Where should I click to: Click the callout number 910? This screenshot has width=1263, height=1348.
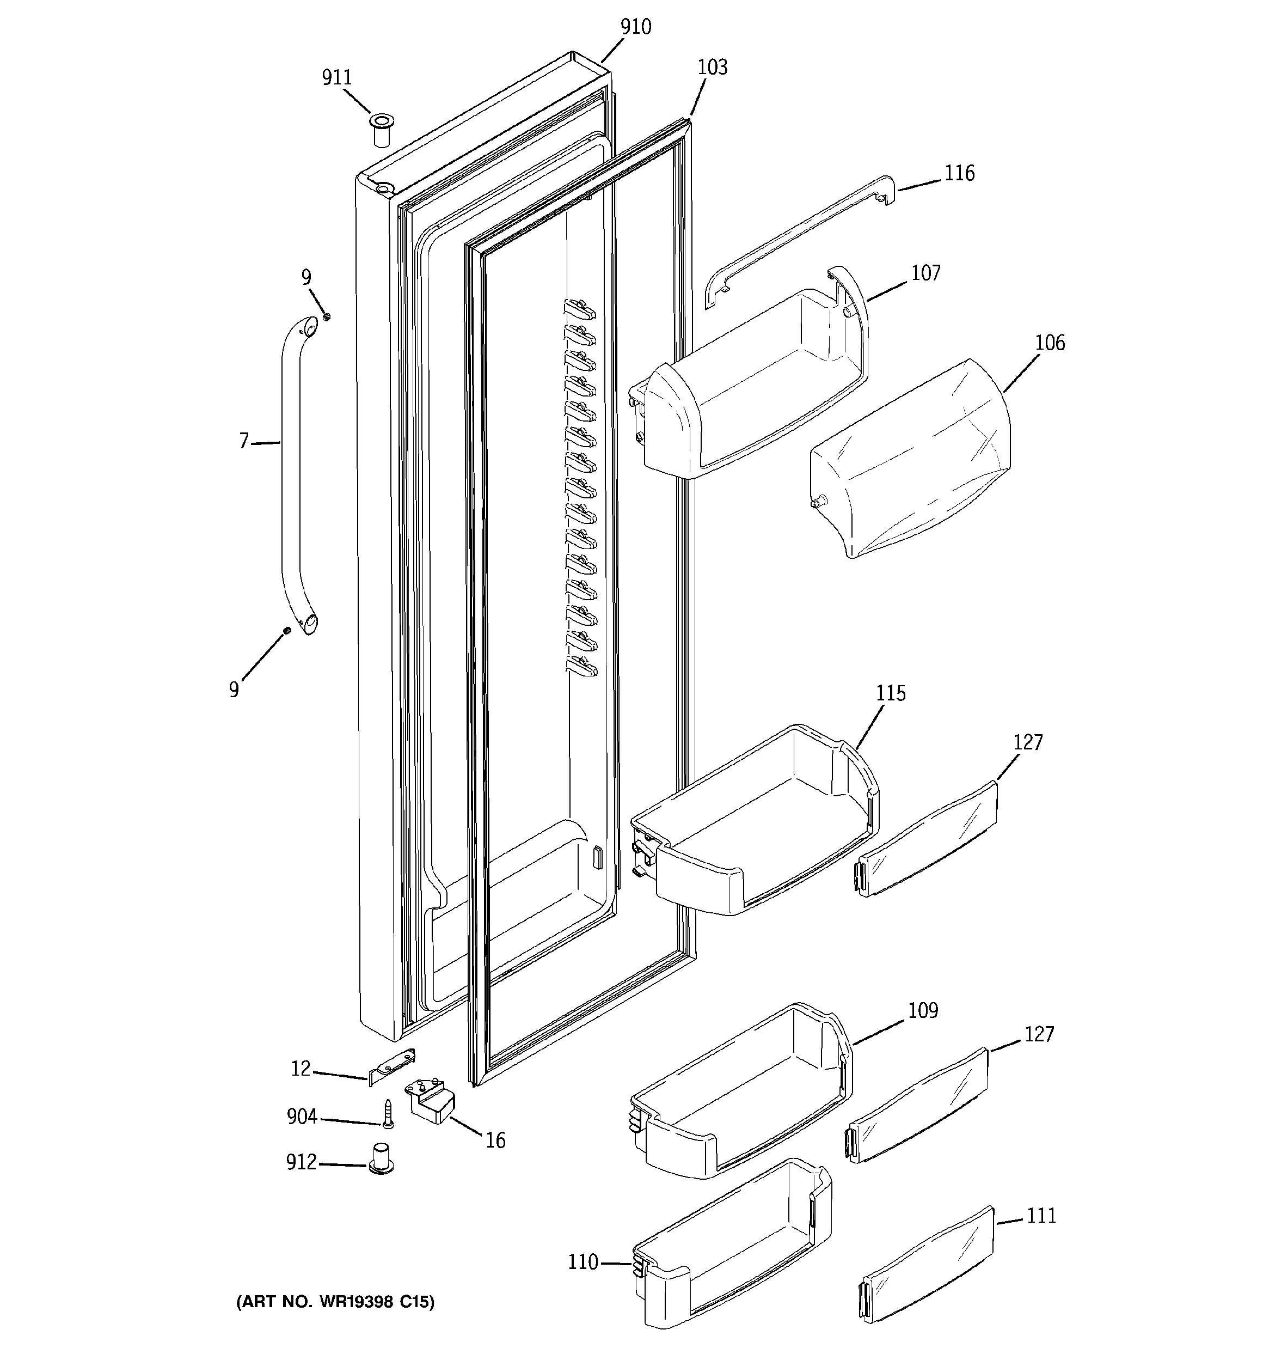(635, 27)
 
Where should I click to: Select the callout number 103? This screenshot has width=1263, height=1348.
(712, 67)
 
